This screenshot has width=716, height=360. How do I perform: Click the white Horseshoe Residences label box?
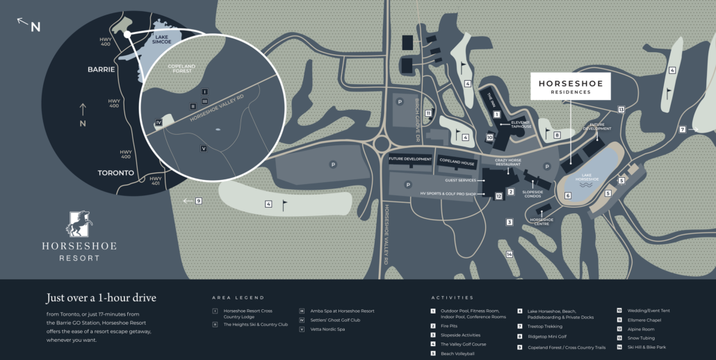coord(570,86)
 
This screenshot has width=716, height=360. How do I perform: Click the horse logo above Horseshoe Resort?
coord(79,224)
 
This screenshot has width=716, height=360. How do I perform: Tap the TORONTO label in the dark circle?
coord(115,173)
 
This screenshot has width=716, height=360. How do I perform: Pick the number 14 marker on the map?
coord(510,254)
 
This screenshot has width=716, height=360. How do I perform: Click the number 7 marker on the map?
coord(683,129)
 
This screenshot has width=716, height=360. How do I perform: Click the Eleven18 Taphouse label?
coord(521,124)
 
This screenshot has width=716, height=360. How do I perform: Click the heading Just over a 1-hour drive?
coord(101,297)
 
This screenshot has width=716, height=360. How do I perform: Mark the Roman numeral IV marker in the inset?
coord(159,122)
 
